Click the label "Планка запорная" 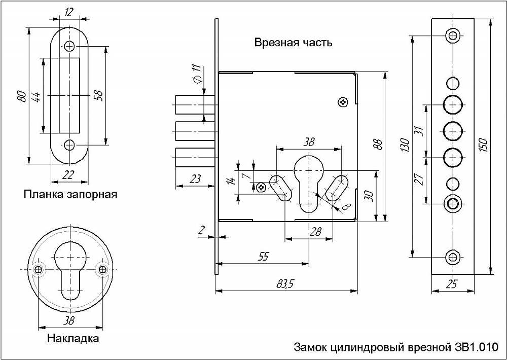(70, 194)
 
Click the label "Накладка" (73, 338)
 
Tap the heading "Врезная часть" (294, 43)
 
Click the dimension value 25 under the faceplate (452, 285)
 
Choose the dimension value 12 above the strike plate (69, 11)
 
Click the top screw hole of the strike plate (69, 46)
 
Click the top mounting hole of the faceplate (452, 35)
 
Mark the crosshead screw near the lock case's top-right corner (344, 102)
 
